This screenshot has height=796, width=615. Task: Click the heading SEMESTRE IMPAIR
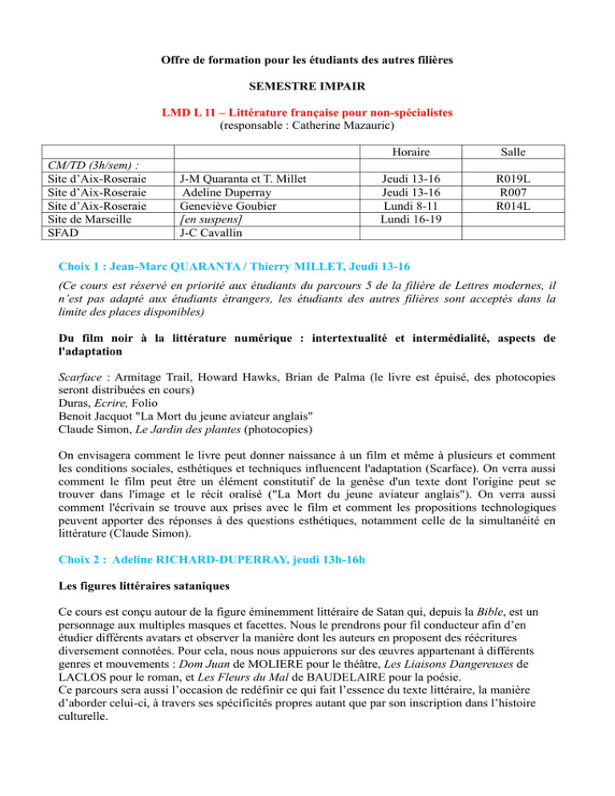pos(307,87)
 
